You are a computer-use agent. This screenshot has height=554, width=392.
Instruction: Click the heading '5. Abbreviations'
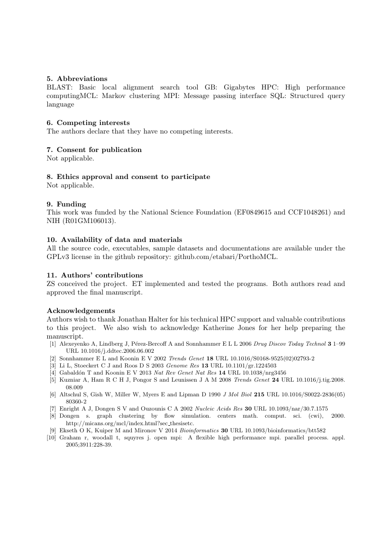[77, 79]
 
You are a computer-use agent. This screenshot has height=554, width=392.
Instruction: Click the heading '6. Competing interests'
[88, 123]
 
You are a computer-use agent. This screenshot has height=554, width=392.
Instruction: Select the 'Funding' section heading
[67, 204]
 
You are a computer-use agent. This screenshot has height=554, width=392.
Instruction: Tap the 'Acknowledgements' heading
[81, 311]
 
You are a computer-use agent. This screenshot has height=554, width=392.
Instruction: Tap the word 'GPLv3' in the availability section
[57, 257]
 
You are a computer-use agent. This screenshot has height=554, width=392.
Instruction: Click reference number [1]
[53, 342]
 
